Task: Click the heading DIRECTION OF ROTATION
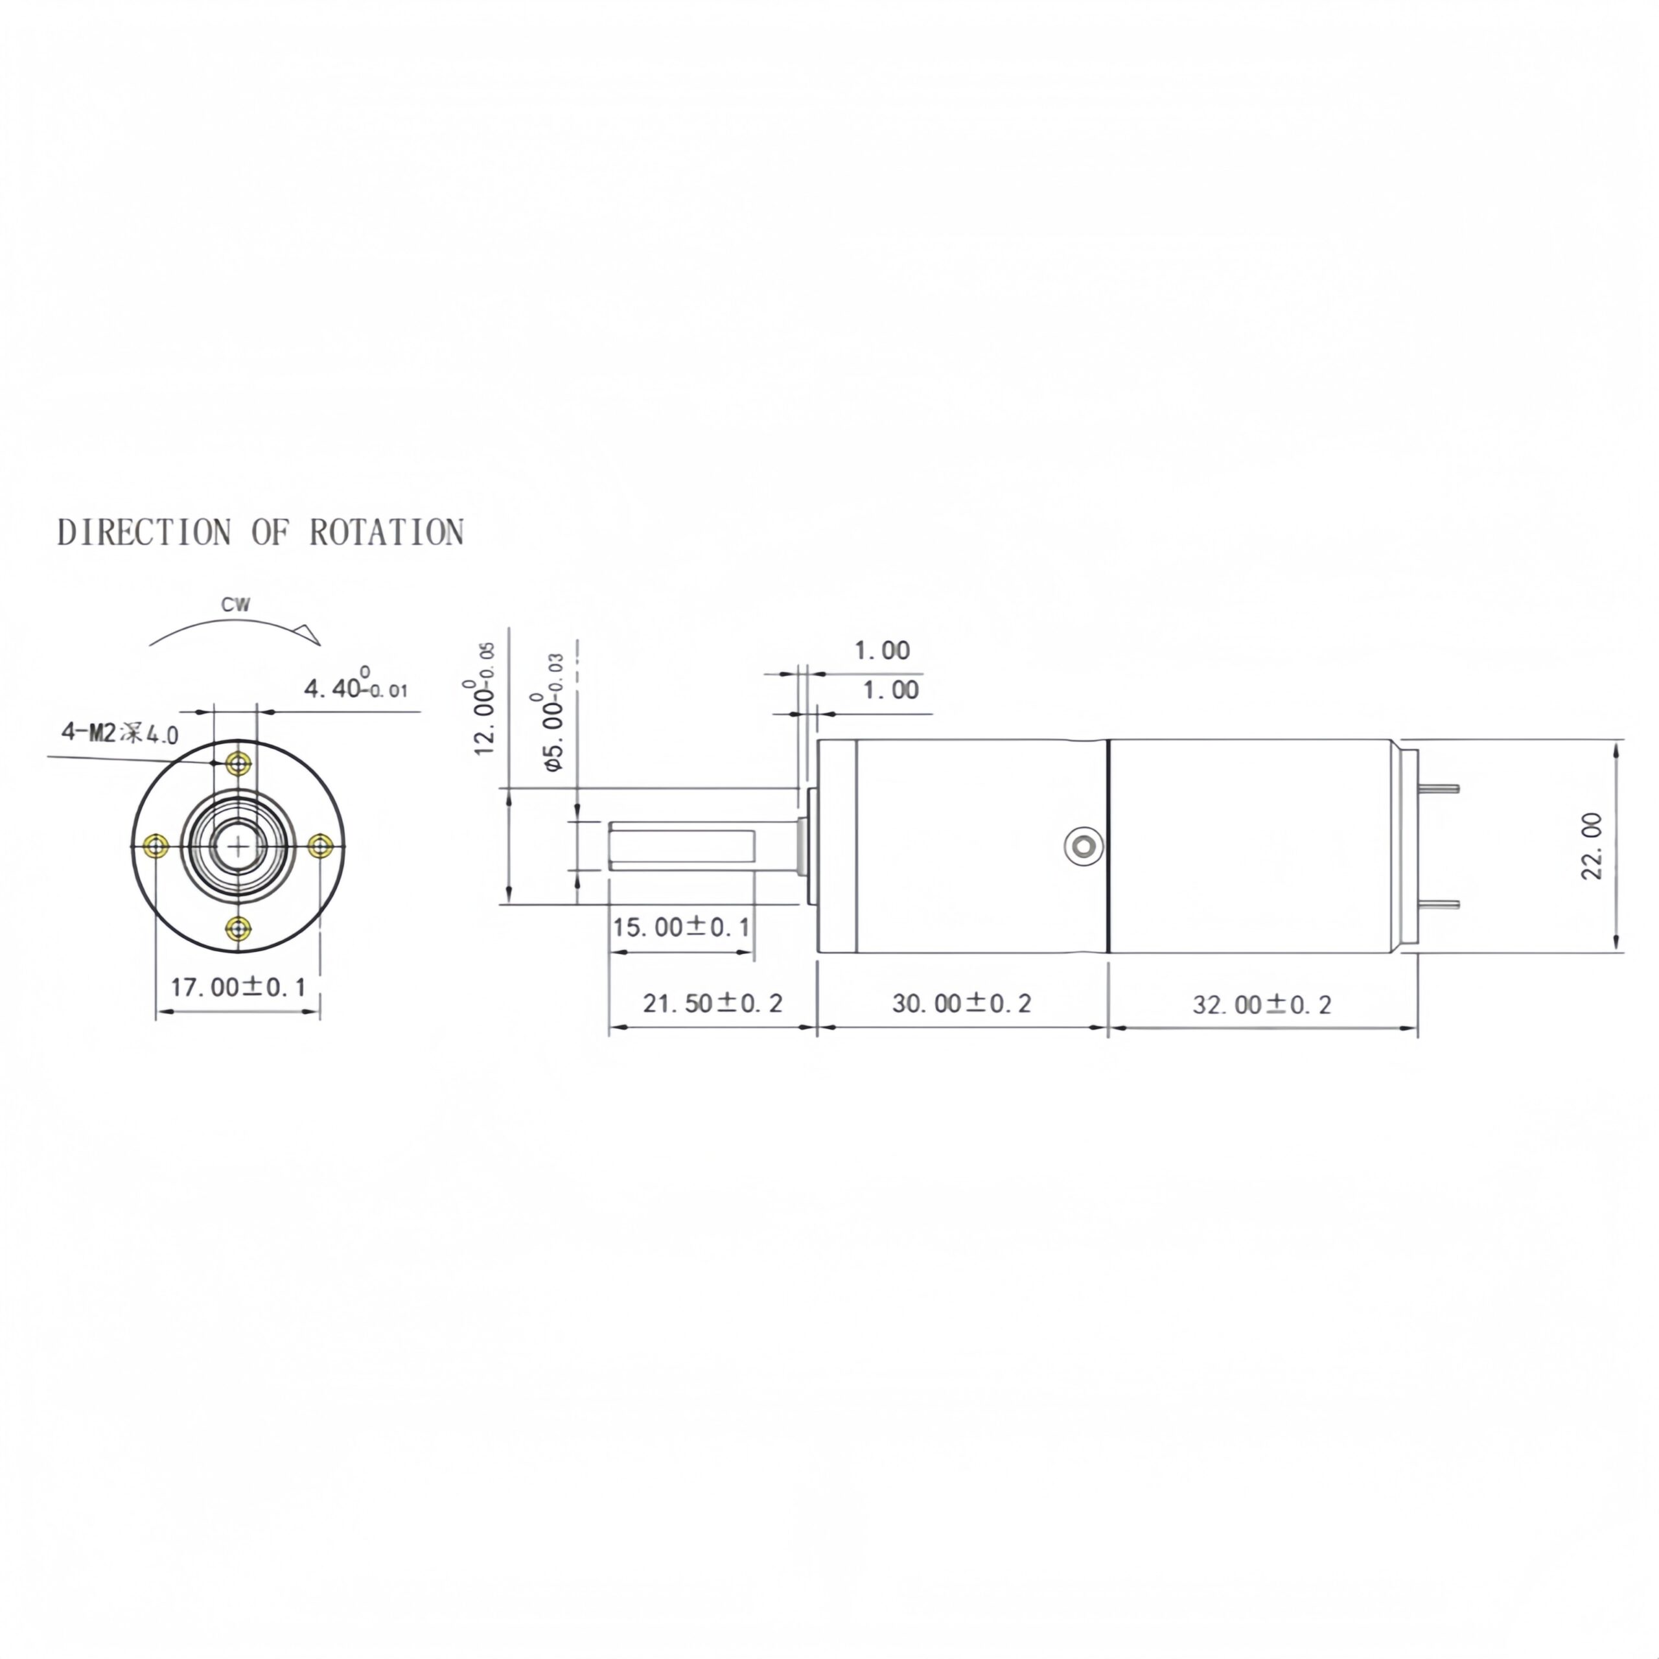260,533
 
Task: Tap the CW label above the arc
236,605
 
